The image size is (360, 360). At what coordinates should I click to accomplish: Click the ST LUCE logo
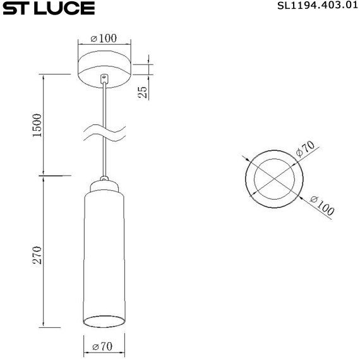coord(48,8)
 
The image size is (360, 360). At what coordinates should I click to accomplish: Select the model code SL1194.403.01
coord(313,7)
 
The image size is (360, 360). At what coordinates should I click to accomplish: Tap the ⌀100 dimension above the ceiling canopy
coord(104,39)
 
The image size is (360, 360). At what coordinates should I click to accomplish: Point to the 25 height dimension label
coord(143,92)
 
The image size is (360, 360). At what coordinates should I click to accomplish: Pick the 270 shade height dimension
coord(37,255)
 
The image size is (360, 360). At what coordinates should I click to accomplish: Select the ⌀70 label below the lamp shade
coord(103,347)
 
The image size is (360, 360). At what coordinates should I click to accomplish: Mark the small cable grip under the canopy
coord(104,79)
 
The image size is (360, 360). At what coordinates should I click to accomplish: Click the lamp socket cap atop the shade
coord(104,186)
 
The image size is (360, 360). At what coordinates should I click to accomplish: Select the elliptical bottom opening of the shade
coord(104,320)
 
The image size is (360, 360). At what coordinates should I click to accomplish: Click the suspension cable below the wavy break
coord(104,158)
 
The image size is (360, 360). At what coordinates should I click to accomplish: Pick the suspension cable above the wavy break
coord(104,104)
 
